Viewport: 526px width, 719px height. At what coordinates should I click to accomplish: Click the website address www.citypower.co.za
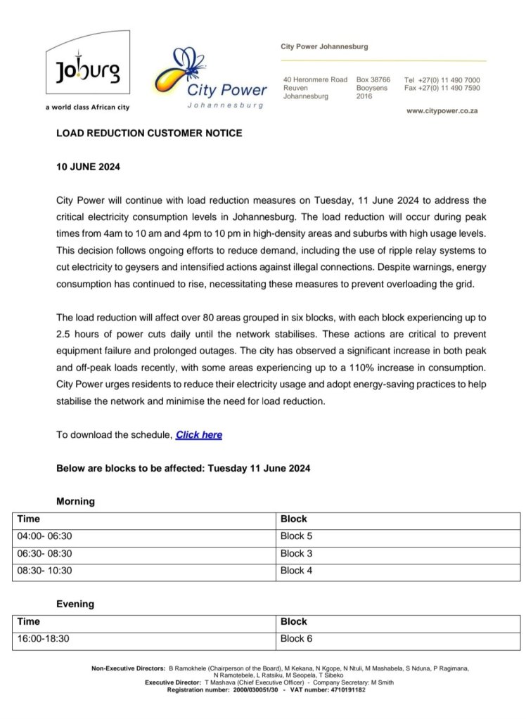[443, 112]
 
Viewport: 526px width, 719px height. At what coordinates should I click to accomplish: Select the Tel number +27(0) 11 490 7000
[442, 80]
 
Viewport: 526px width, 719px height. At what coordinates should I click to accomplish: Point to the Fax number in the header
[442, 89]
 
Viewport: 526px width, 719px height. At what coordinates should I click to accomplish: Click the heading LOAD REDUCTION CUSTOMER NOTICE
[149, 133]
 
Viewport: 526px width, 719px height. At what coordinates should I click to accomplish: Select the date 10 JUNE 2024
[89, 169]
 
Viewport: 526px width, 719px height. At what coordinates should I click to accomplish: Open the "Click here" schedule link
[199, 435]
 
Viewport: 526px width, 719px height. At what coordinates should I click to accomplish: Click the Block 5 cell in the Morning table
[295, 536]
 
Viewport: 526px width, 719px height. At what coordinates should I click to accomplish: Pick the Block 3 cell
[295, 553]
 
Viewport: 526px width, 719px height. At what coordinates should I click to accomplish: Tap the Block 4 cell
[295, 571]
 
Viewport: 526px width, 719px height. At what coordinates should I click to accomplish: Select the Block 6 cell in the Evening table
[295, 639]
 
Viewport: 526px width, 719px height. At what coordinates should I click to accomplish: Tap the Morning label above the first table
[75, 502]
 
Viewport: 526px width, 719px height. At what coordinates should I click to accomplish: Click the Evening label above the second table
[75, 604]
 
